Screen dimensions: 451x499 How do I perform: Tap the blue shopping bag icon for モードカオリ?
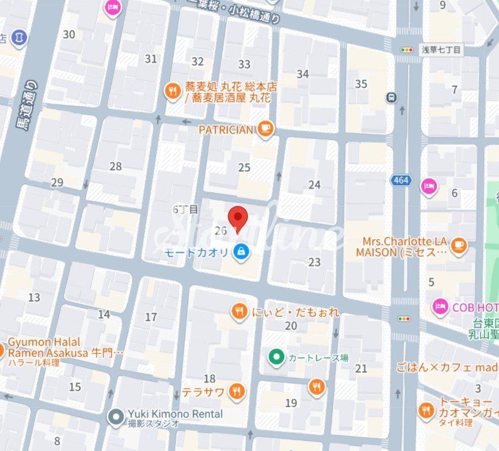click(x=240, y=252)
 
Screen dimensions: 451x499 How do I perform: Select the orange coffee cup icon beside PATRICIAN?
click(x=266, y=129)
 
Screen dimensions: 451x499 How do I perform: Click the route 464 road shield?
click(x=400, y=180)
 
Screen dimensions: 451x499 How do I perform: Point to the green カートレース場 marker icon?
click(x=276, y=357)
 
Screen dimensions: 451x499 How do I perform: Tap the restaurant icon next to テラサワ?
click(x=237, y=393)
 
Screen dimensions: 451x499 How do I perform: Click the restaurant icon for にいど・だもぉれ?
click(x=239, y=312)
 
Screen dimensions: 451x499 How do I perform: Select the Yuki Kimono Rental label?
click(x=175, y=414)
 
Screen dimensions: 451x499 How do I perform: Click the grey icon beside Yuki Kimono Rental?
click(x=115, y=416)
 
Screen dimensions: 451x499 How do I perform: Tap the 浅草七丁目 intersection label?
click(x=441, y=50)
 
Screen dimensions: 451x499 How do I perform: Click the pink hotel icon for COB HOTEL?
click(x=441, y=307)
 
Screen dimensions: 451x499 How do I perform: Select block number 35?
click(x=361, y=84)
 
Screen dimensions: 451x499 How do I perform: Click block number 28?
click(x=115, y=166)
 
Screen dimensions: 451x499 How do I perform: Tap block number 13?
click(x=34, y=297)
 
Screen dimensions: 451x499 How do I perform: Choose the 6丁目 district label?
click(x=185, y=209)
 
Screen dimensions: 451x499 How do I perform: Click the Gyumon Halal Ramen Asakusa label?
click(x=45, y=347)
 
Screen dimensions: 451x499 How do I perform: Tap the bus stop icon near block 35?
click(x=392, y=97)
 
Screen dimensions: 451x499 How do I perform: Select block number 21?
click(x=361, y=368)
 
